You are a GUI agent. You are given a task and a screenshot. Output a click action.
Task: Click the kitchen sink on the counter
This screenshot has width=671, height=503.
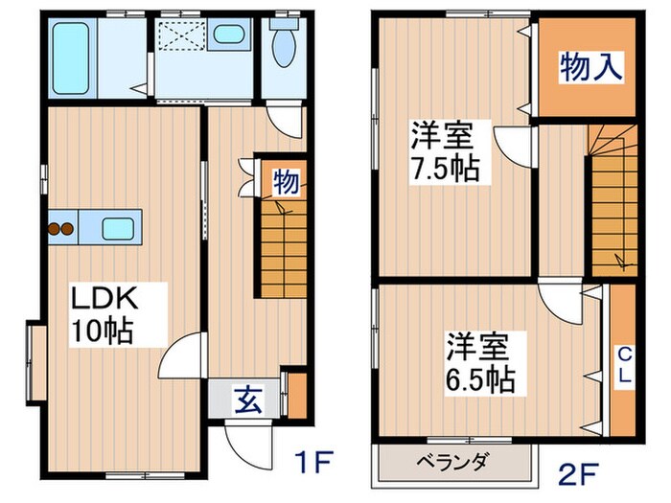click(119, 229)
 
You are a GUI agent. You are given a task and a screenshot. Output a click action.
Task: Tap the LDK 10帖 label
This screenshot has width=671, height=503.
click(105, 315)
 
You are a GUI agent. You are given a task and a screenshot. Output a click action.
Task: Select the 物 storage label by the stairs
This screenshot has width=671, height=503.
click(285, 181)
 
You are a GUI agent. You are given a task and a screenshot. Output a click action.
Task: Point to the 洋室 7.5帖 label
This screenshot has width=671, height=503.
click(446, 152)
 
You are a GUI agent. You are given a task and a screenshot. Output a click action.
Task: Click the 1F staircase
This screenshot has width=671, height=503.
click(279, 249)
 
